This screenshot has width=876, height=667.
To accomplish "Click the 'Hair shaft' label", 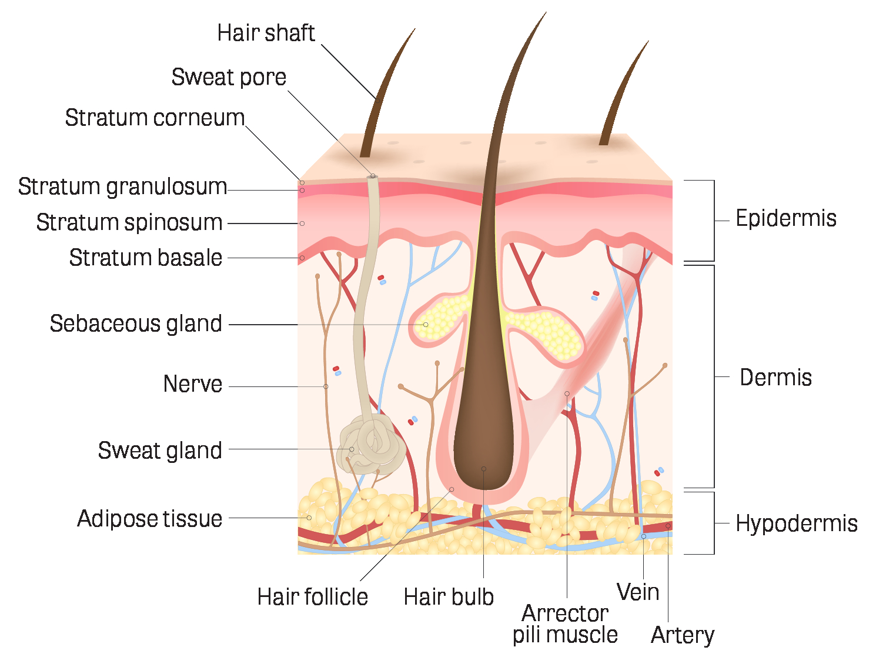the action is [x=266, y=32].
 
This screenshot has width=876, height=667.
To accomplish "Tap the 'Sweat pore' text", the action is [x=229, y=77].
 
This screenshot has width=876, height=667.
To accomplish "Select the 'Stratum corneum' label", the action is [x=155, y=118].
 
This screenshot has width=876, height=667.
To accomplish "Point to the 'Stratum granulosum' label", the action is [x=122, y=187].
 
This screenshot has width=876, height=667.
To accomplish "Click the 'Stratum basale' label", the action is [x=146, y=258].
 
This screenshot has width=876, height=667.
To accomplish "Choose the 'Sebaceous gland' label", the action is [x=136, y=324].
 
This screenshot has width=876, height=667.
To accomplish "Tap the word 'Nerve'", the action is [x=193, y=384].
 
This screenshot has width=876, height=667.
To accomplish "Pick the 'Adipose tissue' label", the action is [x=150, y=519].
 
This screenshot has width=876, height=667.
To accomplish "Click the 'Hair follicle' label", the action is [x=313, y=597].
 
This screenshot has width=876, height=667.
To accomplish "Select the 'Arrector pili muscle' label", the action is [x=565, y=624].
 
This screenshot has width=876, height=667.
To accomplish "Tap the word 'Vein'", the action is [x=638, y=592].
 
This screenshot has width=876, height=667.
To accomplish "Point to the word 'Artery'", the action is [x=683, y=635].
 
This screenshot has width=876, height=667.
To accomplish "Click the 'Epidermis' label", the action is [x=786, y=218].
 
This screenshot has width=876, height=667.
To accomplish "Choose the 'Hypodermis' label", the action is [x=797, y=523].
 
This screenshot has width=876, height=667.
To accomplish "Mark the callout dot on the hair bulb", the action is [x=484, y=469].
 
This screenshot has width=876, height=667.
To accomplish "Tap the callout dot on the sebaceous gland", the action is [x=426, y=325].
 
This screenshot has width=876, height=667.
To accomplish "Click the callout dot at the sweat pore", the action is [x=373, y=176].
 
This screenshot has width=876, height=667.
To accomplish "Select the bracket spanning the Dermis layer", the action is [x=714, y=376].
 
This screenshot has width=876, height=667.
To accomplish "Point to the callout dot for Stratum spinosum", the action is [x=302, y=224].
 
